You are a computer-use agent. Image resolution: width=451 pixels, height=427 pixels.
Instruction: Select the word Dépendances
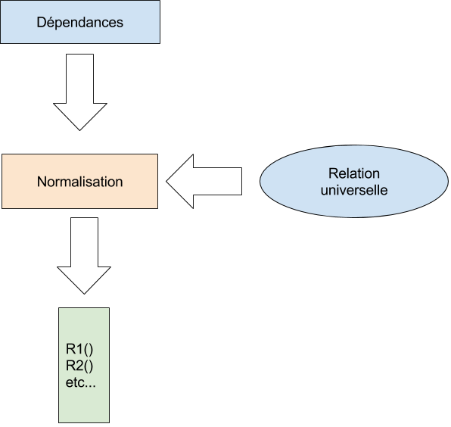click(79, 23)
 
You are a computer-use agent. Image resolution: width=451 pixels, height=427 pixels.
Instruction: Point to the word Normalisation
click(79, 182)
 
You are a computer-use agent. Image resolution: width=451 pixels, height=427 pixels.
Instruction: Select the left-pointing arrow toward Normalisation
click(204, 182)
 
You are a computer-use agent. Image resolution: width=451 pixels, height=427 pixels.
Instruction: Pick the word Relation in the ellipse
click(354, 173)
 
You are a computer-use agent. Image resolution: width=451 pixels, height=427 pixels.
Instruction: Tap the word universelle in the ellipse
click(354, 190)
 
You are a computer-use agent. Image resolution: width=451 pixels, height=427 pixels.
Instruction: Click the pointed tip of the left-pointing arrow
click(169, 182)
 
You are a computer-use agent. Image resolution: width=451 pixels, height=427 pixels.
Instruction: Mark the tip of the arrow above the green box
click(82, 291)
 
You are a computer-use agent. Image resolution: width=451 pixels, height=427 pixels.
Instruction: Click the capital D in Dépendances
click(41, 23)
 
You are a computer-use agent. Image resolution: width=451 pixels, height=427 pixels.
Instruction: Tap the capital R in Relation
click(334, 173)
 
